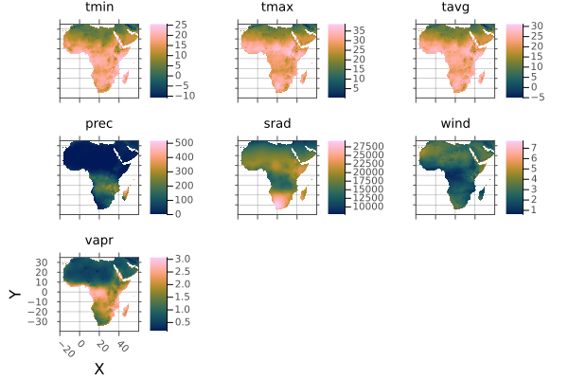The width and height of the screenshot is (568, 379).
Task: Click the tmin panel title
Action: [99, 9]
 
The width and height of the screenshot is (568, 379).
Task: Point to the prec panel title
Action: [99, 124]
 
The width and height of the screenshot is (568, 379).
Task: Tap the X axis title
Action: [98, 369]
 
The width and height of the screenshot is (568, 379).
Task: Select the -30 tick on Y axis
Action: [42, 322]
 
